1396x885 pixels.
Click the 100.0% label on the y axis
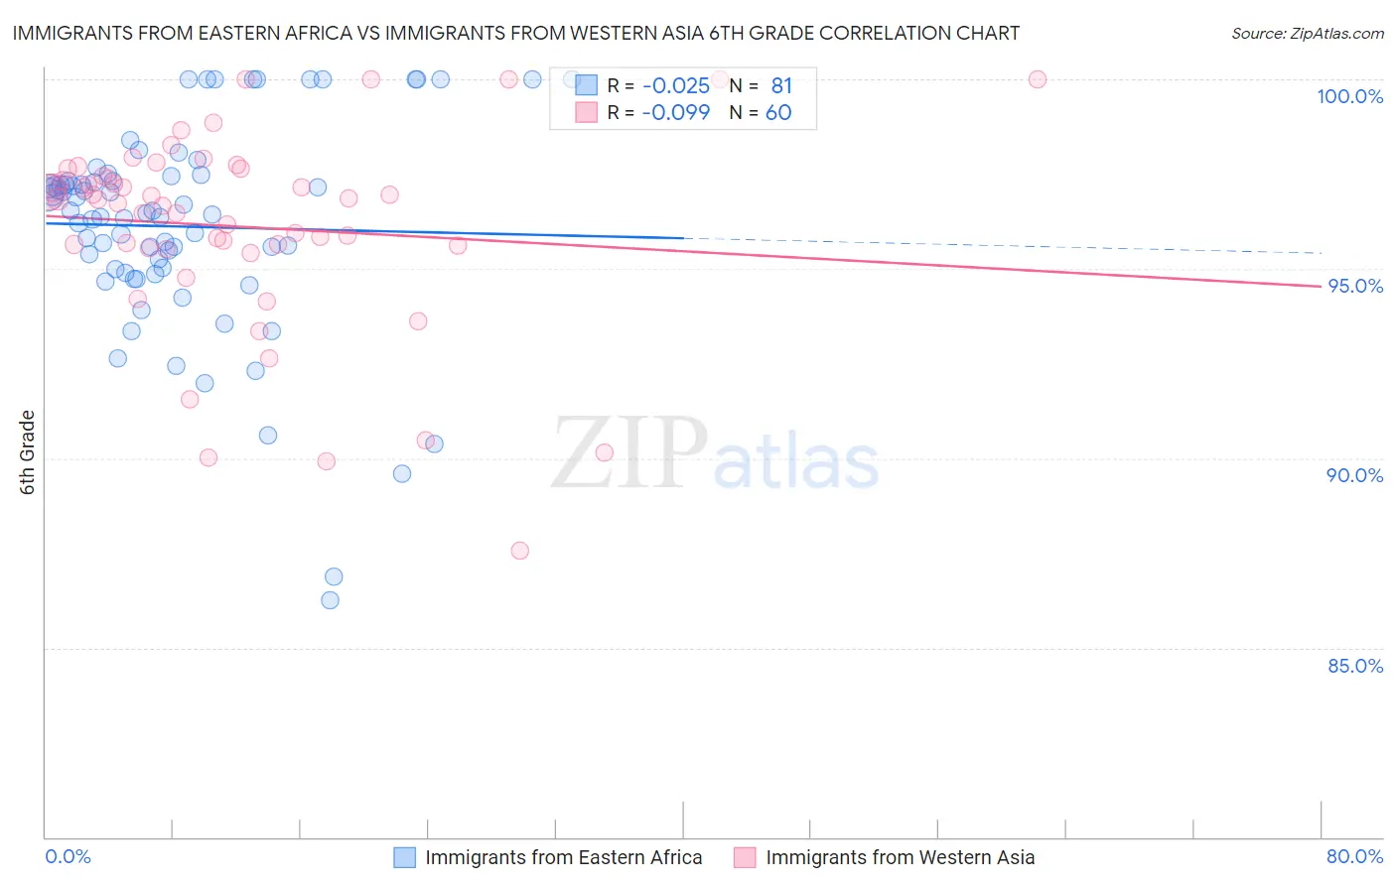point(1349,96)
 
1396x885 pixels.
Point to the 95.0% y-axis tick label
point(1354,286)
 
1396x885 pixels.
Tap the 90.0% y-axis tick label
point(1354,475)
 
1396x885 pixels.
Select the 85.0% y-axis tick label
point(1354,666)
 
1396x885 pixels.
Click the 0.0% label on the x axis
point(68,856)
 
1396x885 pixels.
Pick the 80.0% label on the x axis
point(1354,856)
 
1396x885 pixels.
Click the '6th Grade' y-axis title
point(28,452)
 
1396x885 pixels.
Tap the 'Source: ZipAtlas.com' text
point(1307,34)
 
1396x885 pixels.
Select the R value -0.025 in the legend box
point(675,86)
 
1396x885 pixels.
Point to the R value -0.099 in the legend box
point(675,113)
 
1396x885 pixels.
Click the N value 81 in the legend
point(781,86)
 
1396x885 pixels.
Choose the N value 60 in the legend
point(778,113)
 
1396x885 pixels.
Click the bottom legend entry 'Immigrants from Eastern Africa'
point(563,857)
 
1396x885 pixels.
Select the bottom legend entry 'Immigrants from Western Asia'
point(900,857)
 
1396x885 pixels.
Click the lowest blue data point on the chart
point(330,600)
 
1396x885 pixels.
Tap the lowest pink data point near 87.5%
point(519,551)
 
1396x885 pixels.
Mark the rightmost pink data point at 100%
point(1037,79)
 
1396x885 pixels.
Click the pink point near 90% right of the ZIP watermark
point(604,452)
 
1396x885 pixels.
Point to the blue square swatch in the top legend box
point(586,86)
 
